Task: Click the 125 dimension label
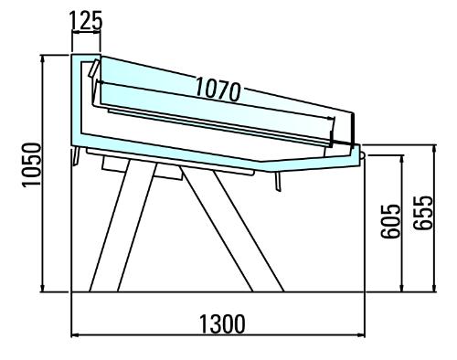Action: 86,20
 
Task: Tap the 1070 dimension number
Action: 218,89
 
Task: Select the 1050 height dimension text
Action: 31,164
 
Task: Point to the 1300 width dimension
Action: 222,323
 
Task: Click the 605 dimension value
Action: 390,221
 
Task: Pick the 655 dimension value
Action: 423,212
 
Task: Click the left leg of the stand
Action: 122,226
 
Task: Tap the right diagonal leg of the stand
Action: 233,229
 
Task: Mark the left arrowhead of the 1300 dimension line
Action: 75,335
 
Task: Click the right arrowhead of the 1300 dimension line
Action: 361,335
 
